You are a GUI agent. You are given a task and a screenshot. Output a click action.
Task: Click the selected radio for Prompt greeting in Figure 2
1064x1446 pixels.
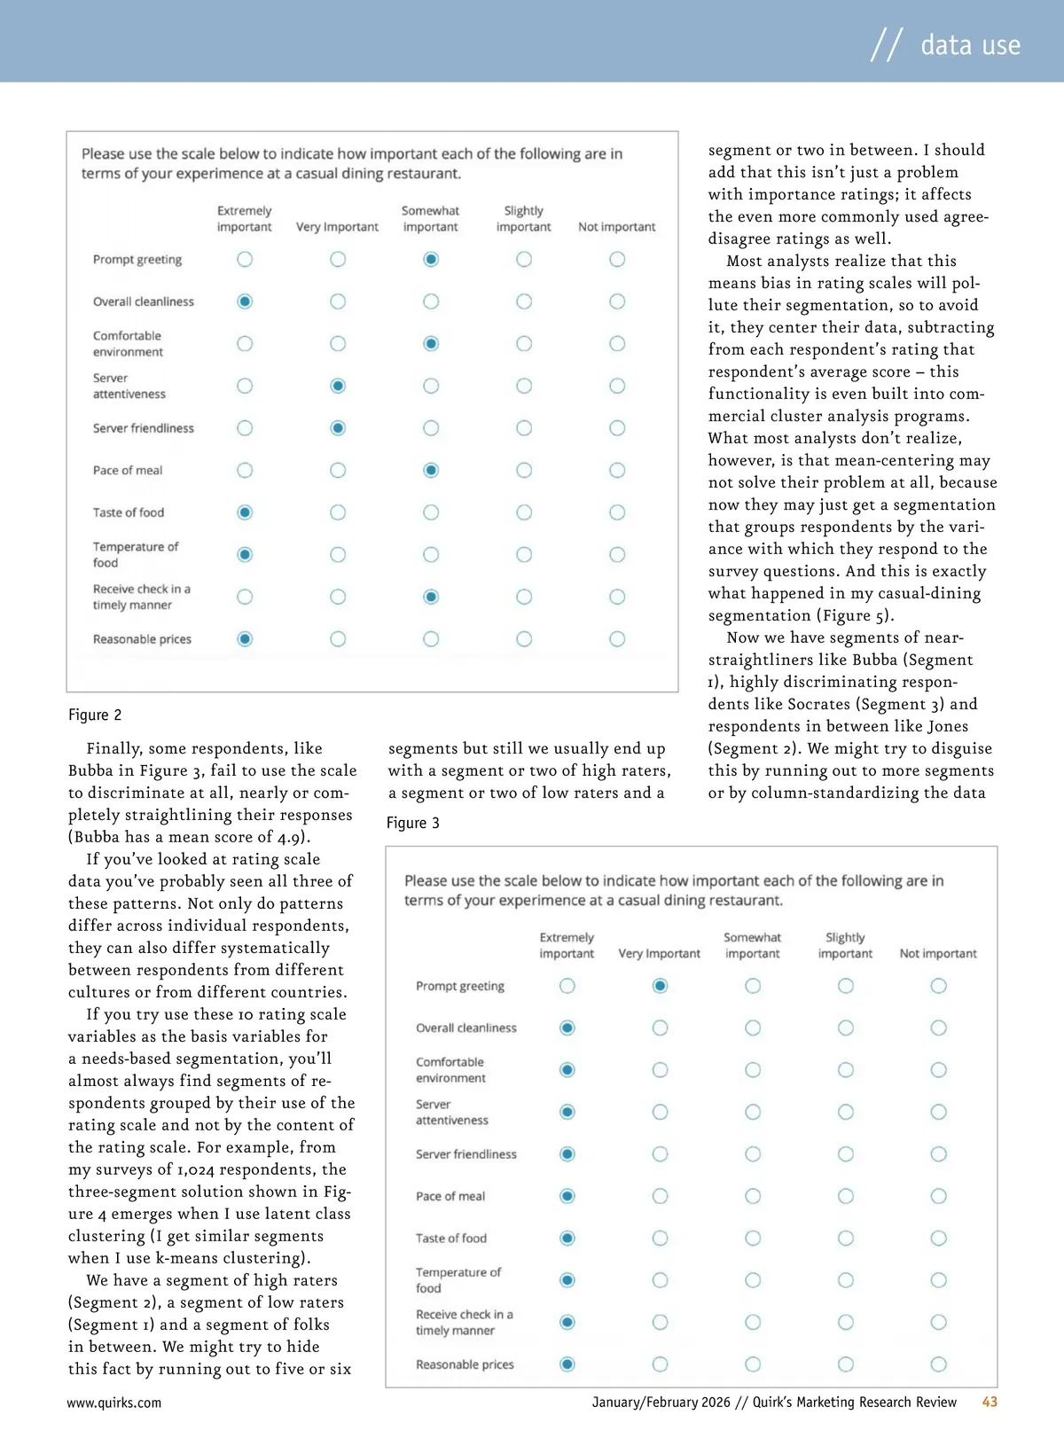click(x=431, y=259)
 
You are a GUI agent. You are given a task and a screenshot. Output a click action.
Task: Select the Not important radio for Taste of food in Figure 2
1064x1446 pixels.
click(x=617, y=512)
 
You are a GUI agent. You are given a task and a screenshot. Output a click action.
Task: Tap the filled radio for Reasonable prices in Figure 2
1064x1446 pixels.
click(x=245, y=639)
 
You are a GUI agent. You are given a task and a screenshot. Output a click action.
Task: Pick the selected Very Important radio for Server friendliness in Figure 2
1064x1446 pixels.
click(x=338, y=428)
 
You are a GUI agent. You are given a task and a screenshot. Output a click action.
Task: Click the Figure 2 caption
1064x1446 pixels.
click(x=95, y=715)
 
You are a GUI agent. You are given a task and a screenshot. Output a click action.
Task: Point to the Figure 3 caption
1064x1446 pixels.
click(x=412, y=823)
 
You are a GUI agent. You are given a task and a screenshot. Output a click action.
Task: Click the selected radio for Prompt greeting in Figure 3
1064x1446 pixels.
click(x=660, y=986)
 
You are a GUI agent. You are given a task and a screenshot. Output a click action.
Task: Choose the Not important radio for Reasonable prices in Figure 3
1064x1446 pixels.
click(x=938, y=1364)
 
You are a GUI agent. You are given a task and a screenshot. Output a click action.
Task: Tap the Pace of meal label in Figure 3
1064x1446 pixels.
click(x=450, y=1196)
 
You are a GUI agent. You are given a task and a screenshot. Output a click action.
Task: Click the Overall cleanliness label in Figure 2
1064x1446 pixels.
click(x=143, y=301)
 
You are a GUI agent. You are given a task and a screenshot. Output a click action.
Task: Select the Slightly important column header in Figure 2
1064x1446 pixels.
click(x=523, y=219)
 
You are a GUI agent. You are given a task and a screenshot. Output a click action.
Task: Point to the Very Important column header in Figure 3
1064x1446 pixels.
click(x=659, y=954)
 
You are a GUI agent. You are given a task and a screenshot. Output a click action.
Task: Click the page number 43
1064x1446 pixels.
click(x=990, y=1402)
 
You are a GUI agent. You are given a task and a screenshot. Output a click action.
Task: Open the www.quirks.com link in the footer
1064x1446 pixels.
click(x=113, y=1403)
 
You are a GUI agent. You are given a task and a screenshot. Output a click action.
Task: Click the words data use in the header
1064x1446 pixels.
click(x=970, y=44)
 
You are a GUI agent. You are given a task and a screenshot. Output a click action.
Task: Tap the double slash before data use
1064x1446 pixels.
click(x=886, y=44)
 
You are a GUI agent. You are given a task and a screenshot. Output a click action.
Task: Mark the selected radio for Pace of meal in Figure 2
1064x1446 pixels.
click(x=431, y=470)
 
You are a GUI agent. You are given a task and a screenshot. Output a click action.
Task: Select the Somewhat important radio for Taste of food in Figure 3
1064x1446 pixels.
click(x=753, y=1238)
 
